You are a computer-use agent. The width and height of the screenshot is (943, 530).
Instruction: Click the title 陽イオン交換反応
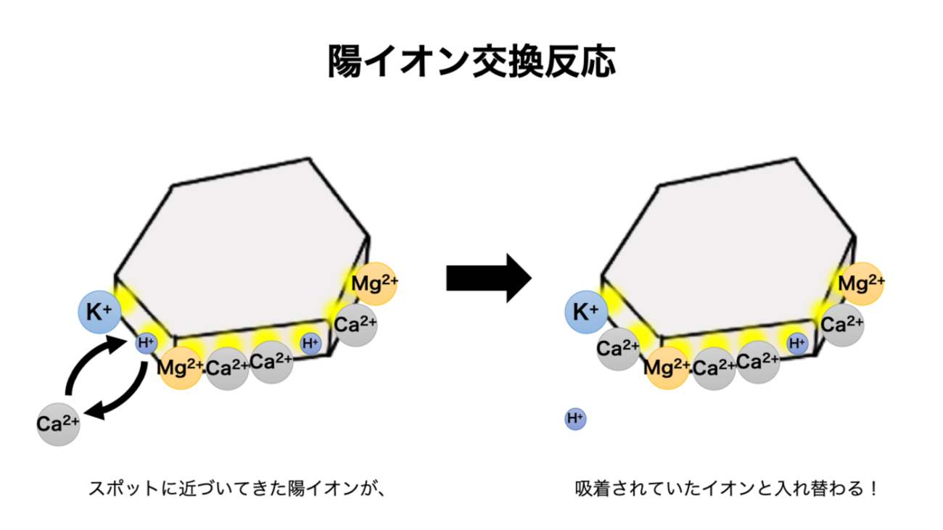pos(471,61)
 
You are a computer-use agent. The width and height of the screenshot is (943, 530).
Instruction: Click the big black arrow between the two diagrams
pos(487,278)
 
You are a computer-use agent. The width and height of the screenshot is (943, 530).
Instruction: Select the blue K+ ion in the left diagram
pos(99,313)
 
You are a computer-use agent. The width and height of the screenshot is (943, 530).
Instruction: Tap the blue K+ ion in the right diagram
pos(587,313)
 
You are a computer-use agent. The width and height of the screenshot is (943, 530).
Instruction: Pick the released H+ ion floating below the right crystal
pos(575,418)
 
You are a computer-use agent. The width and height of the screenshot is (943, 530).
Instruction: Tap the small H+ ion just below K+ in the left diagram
pos(147,343)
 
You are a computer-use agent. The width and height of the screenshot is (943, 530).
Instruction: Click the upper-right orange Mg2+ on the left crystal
pos(375,283)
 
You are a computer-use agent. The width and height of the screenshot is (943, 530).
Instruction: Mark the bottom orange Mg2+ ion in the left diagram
pos(180,367)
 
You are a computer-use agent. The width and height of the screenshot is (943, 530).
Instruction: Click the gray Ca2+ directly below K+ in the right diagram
pos(618,349)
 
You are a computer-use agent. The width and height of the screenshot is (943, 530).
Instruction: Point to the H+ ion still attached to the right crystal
pos(797,343)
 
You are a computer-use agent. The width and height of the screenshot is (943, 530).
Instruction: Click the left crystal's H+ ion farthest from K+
pos(310,343)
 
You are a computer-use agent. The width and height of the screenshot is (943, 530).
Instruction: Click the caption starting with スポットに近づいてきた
pos(235,488)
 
